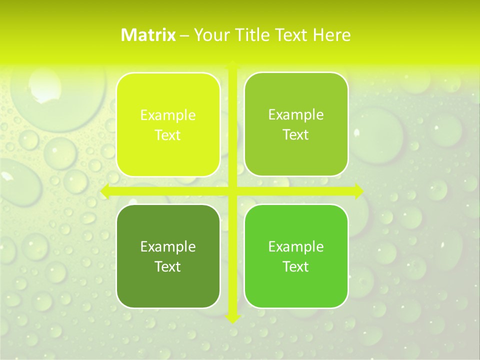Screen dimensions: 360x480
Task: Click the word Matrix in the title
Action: [148, 35]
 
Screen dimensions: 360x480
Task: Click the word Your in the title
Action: [209, 35]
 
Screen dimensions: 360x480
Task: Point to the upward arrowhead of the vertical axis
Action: [232, 64]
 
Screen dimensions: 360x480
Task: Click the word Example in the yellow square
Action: [168, 115]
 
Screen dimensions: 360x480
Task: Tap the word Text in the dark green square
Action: [168, 266]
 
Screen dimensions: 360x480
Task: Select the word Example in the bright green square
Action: [296, 246]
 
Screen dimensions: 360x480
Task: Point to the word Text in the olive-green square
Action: [296, 135]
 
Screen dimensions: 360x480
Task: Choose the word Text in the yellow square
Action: [168, 135]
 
